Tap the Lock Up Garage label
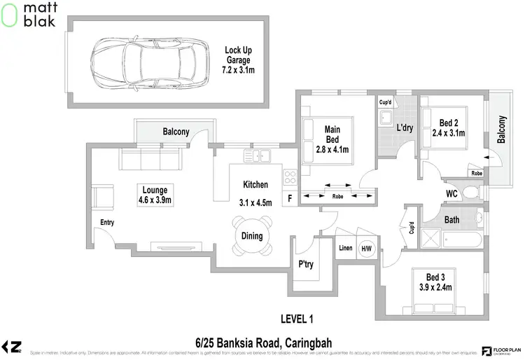pyautogui.click(x=238, y=60)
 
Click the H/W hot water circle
pyautogui.click(x=366, y=249)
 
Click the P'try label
pyautogui.click(x=305, y=265)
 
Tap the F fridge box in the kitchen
pyautogui.click(x=290, y=199)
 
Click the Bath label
pyautogui.click(x=452, y=220)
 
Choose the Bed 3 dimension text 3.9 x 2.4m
pyautogui.click(x=435, y=287)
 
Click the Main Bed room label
pyautogui.click(x=332, y=134)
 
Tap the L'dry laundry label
pyautogui.click(x=405, y=128)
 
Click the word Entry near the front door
pyautogui.click(x=106, y=223)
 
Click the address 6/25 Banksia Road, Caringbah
pyautogui.click(x=263, y=342)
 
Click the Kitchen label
pyautogui.click(x=255, y=185)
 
